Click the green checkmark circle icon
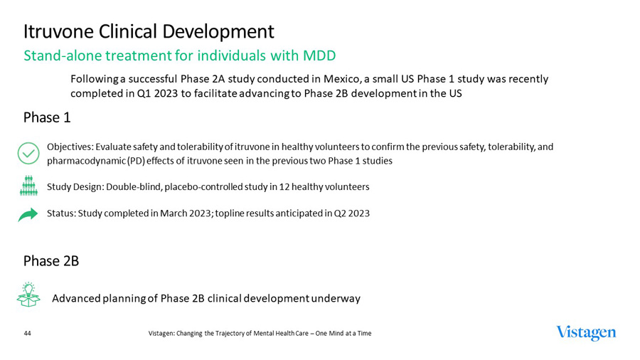point(28,153)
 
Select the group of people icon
point(28,186)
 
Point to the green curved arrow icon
point(28,214)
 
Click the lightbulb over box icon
point(28,295)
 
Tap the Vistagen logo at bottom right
point(586,333)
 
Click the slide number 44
point(28,333)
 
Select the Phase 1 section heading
point(47,117)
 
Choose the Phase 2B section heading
point(51,261)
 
